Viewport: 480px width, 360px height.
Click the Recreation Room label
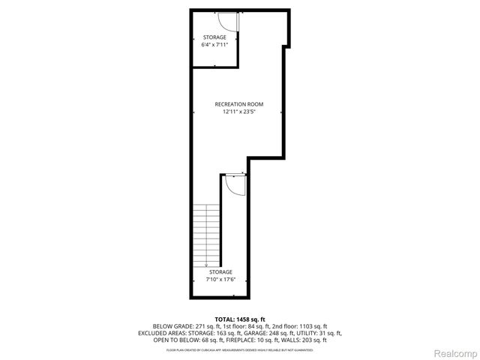pyautogui.click(x=239, y=103)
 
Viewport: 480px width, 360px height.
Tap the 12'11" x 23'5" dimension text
pyautogui.click(x=239, y=112)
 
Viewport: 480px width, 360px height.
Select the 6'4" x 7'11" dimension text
pyautogui.click(x=214, y=45)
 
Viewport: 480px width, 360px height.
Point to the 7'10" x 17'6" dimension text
pyautogui.click(x=220, y=279)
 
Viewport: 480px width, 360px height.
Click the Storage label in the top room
pyautogui.click(x=214, y=37)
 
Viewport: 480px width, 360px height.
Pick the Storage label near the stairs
pyautogui.click(x=220, y=271)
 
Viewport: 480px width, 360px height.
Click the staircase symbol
pyautogui.click(x=206, y=235)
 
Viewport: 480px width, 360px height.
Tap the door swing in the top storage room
pyautogui.click(x=229, y=22)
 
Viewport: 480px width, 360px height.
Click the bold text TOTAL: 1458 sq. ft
pyautogui.click(x=239, y=319)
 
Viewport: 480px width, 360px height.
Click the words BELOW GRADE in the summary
pyautogui.click(x=172, y=326)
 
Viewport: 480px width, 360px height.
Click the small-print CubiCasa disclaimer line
pyautogui.click(x=239, y=349)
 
